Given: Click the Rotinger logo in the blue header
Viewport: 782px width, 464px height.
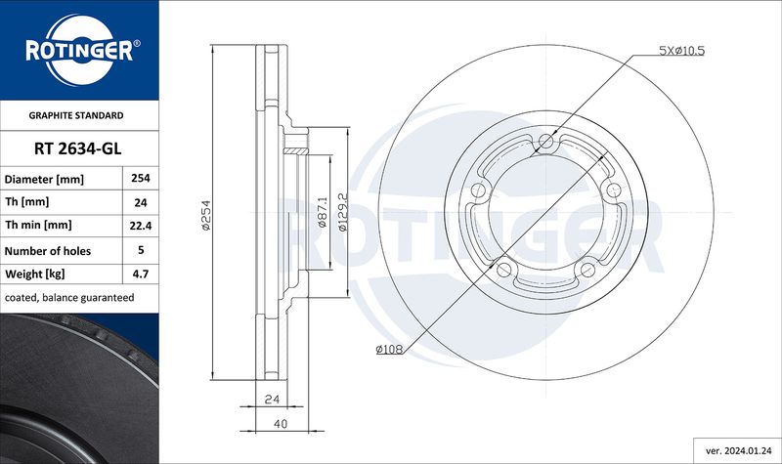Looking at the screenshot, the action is (x=79, y=50).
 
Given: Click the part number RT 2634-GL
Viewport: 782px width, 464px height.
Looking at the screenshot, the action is (x=78, y=148).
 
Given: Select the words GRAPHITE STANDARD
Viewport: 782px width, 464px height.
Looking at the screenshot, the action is (x=76, y=115).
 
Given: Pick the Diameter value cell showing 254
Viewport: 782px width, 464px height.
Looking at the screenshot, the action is (x=141, y=178).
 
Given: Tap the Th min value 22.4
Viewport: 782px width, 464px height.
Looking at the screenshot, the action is (x=141, y=226).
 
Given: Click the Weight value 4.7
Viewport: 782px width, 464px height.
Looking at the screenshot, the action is (x=141, y=274).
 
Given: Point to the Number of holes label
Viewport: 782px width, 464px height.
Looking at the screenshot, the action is (x=48, y=251).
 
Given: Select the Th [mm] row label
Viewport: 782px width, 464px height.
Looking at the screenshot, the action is (x=27, y=202).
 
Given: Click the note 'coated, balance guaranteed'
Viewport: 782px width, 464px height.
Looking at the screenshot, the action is (x=69, y=298).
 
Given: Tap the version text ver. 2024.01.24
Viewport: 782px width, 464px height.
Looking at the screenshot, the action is (x=739, y=451).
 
